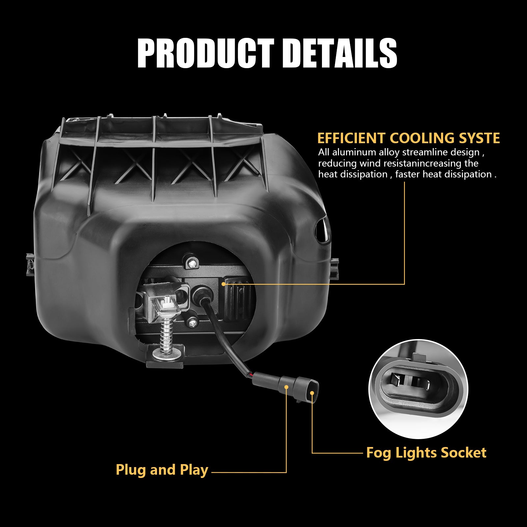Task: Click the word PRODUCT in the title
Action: coord(206,53)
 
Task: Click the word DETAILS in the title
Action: coord(340,53)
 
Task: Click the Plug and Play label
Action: coord(162,470)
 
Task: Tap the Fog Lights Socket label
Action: coord(426,453)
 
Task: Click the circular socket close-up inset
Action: coord(418,389)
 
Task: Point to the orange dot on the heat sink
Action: coord(224,284)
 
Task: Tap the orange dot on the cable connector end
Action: coord(312,393)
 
